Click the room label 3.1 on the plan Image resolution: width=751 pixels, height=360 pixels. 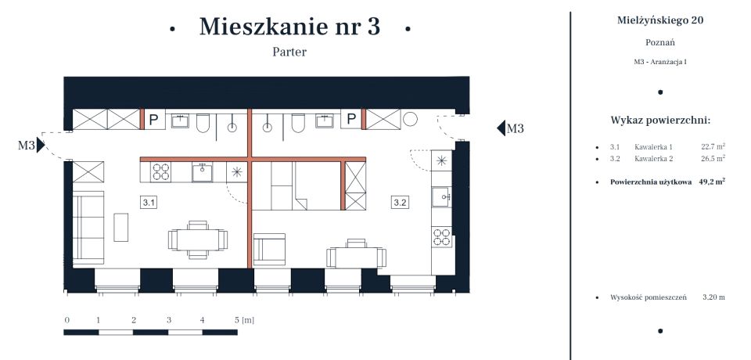[x=149, y=203]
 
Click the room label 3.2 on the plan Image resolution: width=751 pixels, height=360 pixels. [x=400, y=203]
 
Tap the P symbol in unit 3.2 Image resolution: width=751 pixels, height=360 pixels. [x=352, y=120]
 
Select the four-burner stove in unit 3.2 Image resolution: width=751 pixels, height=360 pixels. [x=441, y=236]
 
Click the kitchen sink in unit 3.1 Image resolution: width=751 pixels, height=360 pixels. [x=202, y=171]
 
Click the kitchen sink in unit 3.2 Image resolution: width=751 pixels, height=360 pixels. [x=441, y=195]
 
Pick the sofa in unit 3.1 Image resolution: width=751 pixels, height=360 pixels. [x=88, y=227]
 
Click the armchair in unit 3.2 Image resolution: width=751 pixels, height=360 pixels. [x=271, y=250]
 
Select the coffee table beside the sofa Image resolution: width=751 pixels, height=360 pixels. [x=121, y=227]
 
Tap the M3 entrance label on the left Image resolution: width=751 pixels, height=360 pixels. [x=27, y=145]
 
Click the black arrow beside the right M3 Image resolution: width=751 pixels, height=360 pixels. [x=501, y=128]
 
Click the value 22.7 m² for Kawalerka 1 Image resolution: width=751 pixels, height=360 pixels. [x=712, y=146]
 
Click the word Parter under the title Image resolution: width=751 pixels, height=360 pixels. [x=289, y=52]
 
